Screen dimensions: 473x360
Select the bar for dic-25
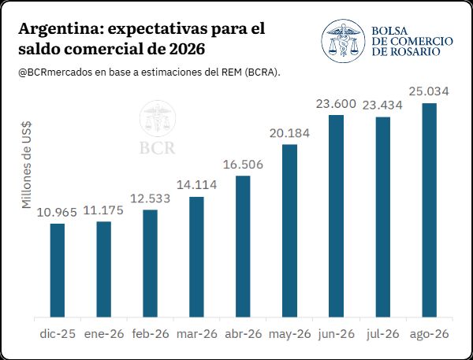58,270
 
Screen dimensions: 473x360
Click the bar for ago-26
430,210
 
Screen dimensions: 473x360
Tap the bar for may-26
289,231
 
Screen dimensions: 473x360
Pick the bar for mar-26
196,257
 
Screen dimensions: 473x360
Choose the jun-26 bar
337,216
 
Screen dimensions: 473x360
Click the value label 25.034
429,91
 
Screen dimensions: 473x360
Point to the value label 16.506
243,165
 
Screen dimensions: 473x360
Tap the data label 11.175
103,210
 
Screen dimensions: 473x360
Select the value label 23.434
382,106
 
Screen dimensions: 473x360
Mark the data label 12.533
151,199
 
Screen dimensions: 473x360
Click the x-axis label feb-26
151,334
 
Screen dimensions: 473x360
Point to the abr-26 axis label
244,334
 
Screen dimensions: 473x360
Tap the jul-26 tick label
383,334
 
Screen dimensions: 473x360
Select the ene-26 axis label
104,334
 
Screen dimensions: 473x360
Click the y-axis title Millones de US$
27,165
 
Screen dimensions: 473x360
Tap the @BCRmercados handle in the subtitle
55,72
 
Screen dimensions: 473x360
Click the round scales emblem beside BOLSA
343,41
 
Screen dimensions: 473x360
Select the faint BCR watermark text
157,148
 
